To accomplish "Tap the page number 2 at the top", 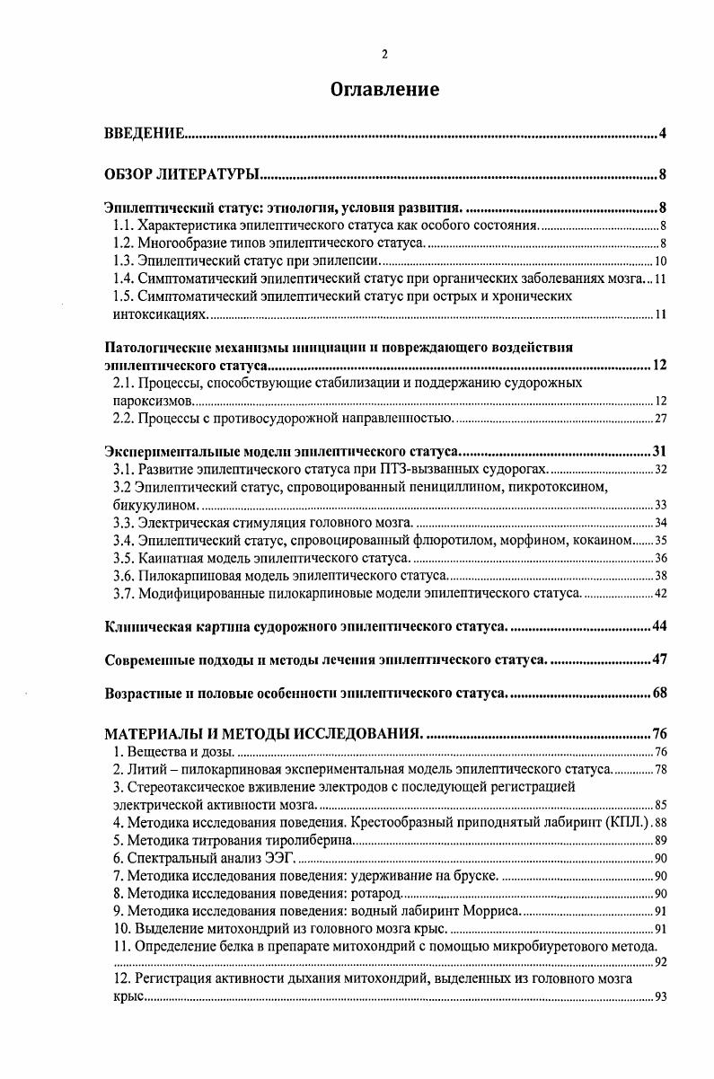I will [384, 55].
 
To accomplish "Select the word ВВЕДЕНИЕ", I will [145, 135].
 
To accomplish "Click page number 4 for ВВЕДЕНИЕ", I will [662, 135].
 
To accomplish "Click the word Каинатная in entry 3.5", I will [168, 558].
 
